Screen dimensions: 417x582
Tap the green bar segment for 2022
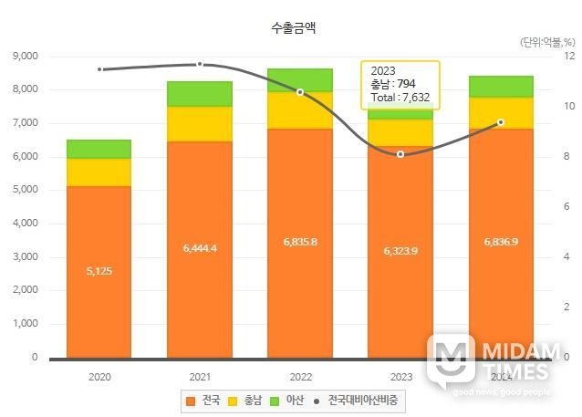pos(299,80)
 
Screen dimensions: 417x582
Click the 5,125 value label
pos(99,271)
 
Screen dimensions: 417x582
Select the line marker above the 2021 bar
pos(200,64)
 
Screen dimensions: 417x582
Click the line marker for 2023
pos(400,154)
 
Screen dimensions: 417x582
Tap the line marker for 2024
pos(500,122)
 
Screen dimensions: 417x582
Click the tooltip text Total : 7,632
pos(400,97)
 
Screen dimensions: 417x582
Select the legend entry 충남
pos(251,400)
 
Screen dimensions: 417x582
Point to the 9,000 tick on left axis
pos(25,56)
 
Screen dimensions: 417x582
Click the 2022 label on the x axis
pos(299,375)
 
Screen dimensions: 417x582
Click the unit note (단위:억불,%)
pos(547,42)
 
